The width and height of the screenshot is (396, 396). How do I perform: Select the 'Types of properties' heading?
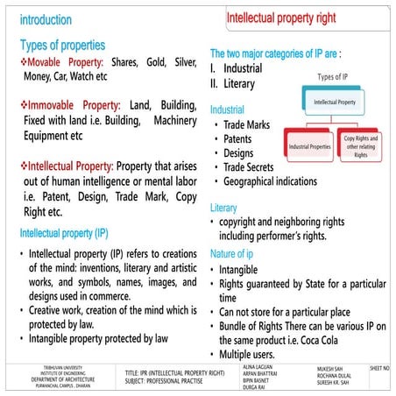pos(74,45)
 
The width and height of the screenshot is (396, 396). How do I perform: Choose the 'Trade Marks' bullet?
pos(246,125)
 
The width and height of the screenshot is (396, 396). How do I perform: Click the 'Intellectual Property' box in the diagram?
pos(336,102)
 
